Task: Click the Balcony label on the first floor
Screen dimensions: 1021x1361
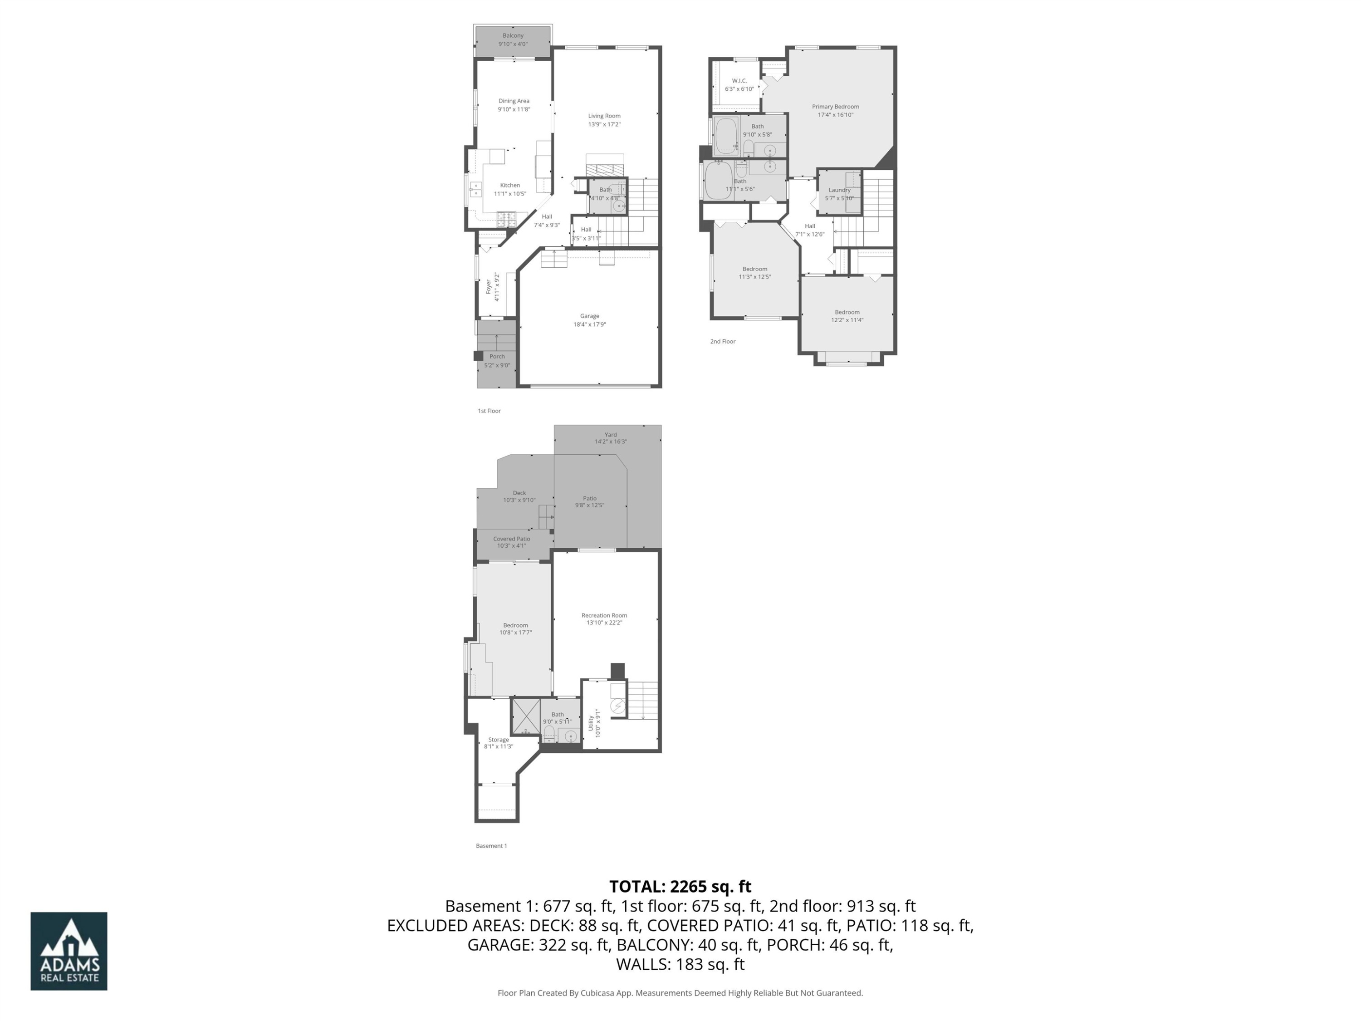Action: pyautogui.click(x=513, y=36)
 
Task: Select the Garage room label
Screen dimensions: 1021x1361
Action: pyautogui.click(x=589, y=316)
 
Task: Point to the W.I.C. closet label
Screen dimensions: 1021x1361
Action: pyautogui.click(x=739, y=81)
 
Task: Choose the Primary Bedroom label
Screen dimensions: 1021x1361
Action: pyautogui.click(x=835, y=107)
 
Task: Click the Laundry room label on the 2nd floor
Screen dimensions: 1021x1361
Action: pyautogui.click(x=839, y=190)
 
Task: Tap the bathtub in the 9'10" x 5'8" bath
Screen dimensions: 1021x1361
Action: pyautogui.click(x=726, y=135)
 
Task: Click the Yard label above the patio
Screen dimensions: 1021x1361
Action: pyautogui.click(x=610, y=435)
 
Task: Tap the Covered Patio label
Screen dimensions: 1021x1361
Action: pyautogui.click(x=511, y=539)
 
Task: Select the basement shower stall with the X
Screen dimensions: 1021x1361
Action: pyautogui.click(x=526, y=716)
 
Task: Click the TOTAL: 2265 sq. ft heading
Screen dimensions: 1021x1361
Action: pyautogui.click(x=680, y=886)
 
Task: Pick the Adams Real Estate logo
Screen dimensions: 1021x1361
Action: pyautogui.click(x=69, y=951)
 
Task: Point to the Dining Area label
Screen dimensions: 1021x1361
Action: pyautogui.click(x=513, y=101)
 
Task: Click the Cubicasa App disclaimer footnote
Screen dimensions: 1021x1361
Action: pyautogui.click(x=680, y=993)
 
